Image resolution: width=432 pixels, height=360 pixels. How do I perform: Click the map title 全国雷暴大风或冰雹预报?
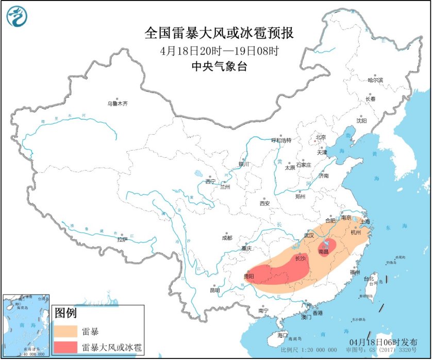(219, 34)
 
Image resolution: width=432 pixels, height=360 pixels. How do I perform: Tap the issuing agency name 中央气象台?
(219, 66)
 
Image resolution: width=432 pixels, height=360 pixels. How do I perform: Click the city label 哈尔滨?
(375, 80)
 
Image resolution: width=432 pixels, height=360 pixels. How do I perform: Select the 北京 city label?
(321, 137)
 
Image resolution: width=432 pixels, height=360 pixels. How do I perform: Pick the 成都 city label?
(227, 238)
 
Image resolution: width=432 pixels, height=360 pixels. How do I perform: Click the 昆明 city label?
(214, 290)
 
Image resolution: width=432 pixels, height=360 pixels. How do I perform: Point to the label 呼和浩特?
(281, 140)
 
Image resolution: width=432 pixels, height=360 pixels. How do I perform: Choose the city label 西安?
(264, 203)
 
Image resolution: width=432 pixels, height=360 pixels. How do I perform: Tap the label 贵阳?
(249, 276)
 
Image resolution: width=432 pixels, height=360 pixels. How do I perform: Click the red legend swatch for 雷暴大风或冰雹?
(65, 347)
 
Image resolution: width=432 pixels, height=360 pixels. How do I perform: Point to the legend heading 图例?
(65, 313)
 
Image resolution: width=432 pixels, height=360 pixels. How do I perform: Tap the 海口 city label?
(282, 335)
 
